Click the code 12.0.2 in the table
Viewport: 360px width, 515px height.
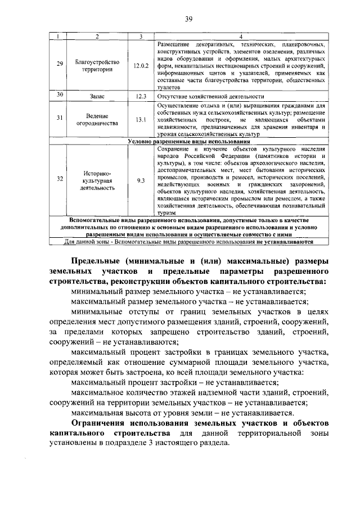click(141, 65)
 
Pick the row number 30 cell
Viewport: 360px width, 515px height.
click(60, 96)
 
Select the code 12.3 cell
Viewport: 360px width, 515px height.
click(141, 96)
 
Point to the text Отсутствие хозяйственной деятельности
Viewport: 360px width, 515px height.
click(210, 96)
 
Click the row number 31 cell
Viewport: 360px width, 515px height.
click(60, 119)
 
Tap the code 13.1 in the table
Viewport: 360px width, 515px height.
click(141, 119)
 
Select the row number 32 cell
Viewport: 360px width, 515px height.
click(60, 180)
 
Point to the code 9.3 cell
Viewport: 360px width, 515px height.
click(141, 180)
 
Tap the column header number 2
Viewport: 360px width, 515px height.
click(97, 37)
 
